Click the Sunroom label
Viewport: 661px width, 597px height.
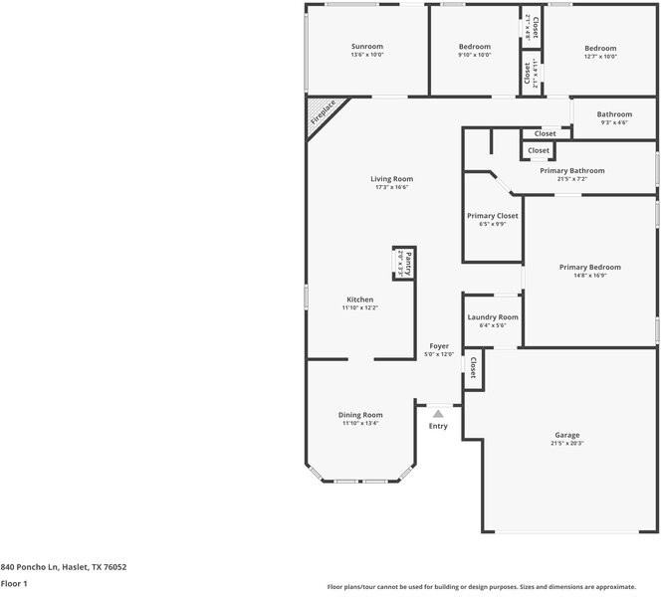366,47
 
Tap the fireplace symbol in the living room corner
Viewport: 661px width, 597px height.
324,112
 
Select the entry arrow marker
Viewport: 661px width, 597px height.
438,414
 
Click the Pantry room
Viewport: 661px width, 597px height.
403,264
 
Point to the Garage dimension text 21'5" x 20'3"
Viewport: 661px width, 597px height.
567,444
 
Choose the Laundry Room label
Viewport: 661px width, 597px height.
493,316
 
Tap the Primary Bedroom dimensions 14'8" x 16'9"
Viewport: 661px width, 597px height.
589,276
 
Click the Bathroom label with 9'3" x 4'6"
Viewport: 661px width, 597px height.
614,114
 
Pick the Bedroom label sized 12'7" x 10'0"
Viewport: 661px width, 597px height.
600,48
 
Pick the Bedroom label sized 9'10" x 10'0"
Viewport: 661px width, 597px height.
475,47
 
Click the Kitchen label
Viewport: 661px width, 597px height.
360,299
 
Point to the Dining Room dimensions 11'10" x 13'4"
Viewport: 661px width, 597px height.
360,424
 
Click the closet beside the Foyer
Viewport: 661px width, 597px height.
473,369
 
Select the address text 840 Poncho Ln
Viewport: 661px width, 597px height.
63,567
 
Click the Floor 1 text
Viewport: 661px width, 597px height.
14,584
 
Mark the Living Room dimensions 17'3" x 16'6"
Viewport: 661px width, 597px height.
364,187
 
